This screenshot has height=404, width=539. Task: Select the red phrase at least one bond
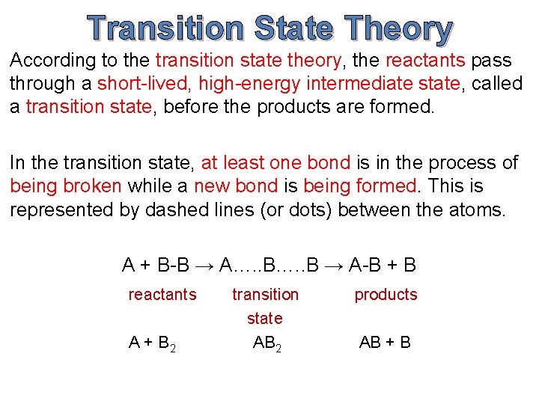(x=276, y=163)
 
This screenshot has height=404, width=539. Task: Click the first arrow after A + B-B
(x=205, y=265)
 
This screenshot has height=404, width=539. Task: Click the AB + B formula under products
(x=385, y=343)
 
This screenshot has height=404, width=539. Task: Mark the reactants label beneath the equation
(x=162, y=295)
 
